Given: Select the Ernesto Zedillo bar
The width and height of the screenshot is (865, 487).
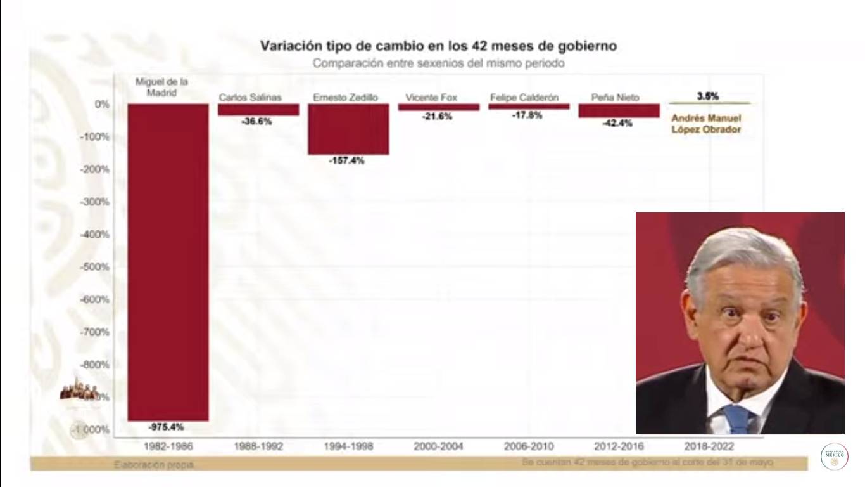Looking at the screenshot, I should coord(348,129).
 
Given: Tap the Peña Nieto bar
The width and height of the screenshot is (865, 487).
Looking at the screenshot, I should coord(619,110).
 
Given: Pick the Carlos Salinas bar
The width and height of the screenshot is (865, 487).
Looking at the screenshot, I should coord(258,110).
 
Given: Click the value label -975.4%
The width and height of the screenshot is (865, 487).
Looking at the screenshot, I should coord(167,427).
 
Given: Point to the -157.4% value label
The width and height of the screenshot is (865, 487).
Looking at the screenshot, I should coord(346,161).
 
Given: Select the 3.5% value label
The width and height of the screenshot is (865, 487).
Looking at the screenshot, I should coord(707,96).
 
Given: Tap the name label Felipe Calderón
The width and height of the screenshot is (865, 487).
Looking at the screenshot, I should coord(524,98).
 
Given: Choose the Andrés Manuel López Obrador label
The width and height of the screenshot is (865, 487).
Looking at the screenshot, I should coord(706,124).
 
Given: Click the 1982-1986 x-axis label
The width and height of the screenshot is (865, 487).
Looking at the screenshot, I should coord(168,446).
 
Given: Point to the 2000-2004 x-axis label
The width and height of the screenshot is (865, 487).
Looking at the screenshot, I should coord(438,446).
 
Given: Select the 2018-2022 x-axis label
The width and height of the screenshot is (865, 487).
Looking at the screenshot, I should coord(709,446).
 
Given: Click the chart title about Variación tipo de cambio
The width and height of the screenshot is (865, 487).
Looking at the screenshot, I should coord(438,46).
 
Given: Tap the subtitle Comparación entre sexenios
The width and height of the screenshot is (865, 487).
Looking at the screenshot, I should coord(438,63).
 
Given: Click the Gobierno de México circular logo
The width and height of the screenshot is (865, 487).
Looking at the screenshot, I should coord(834,457).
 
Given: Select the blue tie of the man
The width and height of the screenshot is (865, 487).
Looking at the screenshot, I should coord(737,419).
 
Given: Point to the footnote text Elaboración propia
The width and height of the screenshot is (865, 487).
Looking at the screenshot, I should coord(155,465).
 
